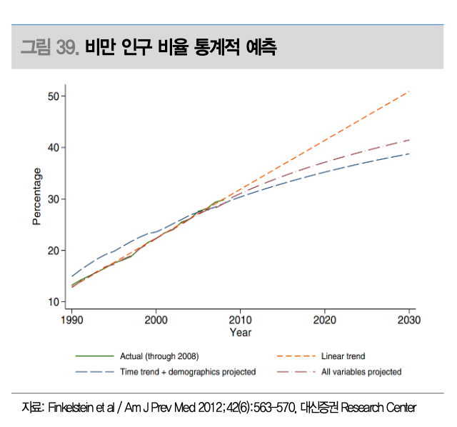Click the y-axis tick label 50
(54, 96)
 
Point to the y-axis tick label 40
(54, 148)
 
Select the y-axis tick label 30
(54, 199)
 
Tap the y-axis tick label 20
(54, 251)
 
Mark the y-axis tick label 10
(54, 302)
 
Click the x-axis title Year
(241, 332)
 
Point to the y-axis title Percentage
(36, 198)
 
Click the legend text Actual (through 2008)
(159, 356)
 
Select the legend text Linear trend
(343, 356)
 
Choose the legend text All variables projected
(361, 371)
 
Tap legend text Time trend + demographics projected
(188, 371)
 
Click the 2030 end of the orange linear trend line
(409, 91)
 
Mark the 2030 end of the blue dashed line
(409, 154)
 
